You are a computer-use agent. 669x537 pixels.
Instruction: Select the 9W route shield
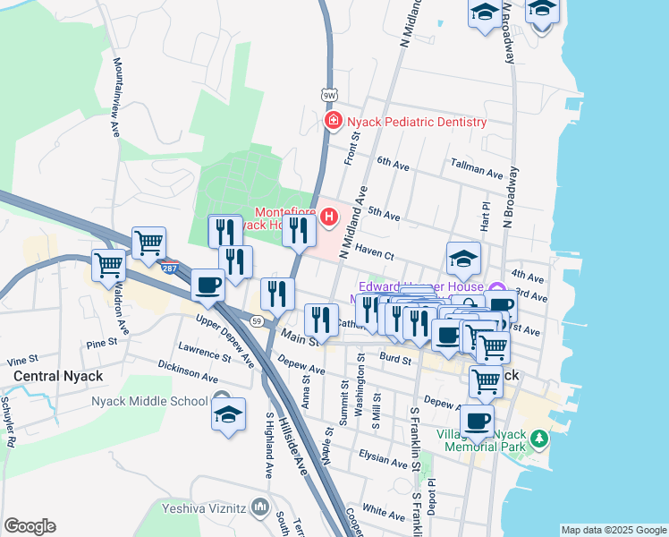click(329, 92)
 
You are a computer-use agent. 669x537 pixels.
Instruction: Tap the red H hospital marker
click(330, 216)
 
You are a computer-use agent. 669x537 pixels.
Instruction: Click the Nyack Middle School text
click(149, 401)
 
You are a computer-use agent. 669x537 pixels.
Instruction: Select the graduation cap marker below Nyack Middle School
click(228, 416)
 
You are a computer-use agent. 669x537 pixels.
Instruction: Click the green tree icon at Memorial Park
click(538, 439)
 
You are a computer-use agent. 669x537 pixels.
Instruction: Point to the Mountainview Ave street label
click(115, 98)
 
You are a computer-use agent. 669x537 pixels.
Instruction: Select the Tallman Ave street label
click(478, 169)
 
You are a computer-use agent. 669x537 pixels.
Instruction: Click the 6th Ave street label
click(393, 163)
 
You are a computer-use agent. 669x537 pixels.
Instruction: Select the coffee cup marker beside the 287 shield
click(207, 286)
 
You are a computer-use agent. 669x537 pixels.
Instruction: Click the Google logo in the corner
click(30, 526)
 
